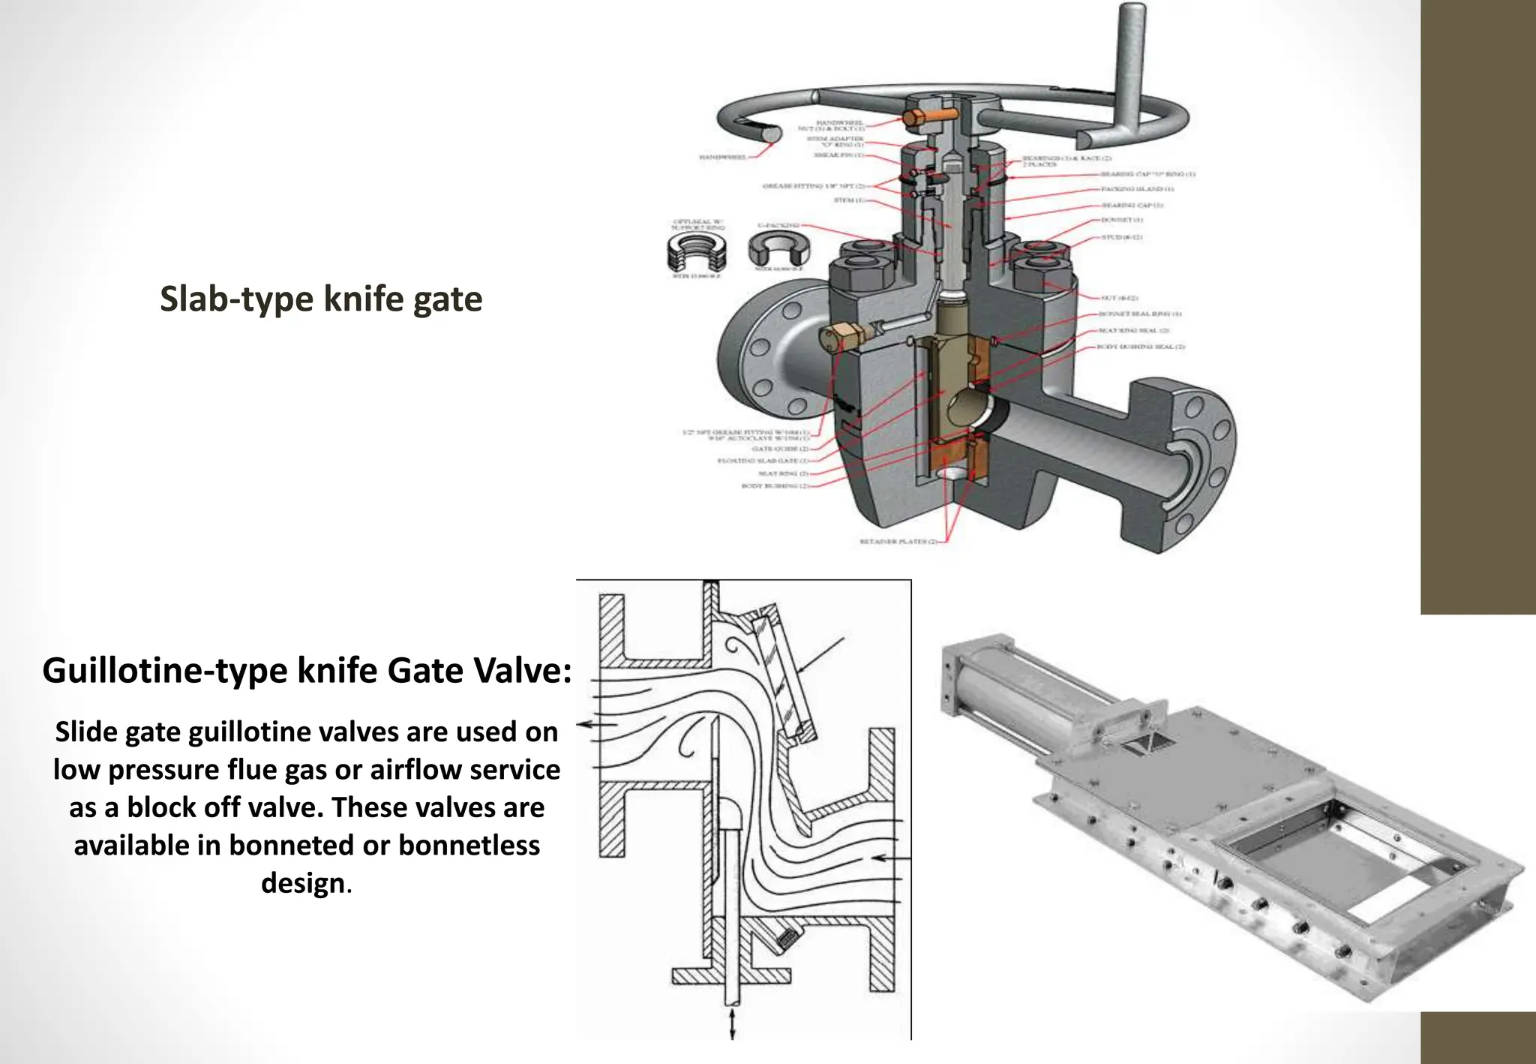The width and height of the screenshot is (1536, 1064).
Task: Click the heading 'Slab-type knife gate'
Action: pyautogui.click(x=321, y=299)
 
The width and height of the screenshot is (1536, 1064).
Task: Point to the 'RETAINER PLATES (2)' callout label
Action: pyautogui.click(x=898, y=541)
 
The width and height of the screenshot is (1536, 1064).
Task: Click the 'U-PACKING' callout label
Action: pyautogui.click(x=777, y=224)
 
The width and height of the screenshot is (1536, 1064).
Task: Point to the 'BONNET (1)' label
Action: pyautogui.click(x=1121, y=221)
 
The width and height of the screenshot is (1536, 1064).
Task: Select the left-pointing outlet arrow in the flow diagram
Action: pyautogui.click(x=596, y=725)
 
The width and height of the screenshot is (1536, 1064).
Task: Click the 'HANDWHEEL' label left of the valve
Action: pyautogui.click(x=722, y=158)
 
